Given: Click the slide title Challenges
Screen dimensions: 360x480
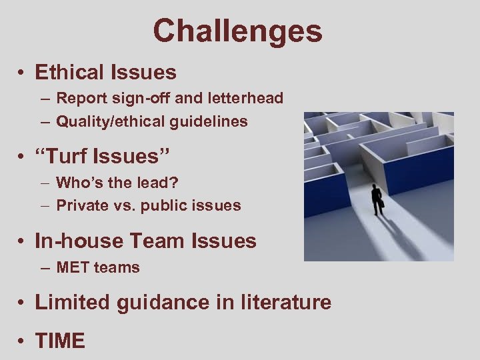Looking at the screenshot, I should (237, 31).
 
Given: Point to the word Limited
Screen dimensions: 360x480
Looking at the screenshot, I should (73, 303).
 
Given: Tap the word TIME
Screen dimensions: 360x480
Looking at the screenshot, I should (60, 341).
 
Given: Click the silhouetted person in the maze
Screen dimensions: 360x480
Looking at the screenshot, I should (378, 199).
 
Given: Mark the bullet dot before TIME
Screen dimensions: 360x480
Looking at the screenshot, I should (23, 342).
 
